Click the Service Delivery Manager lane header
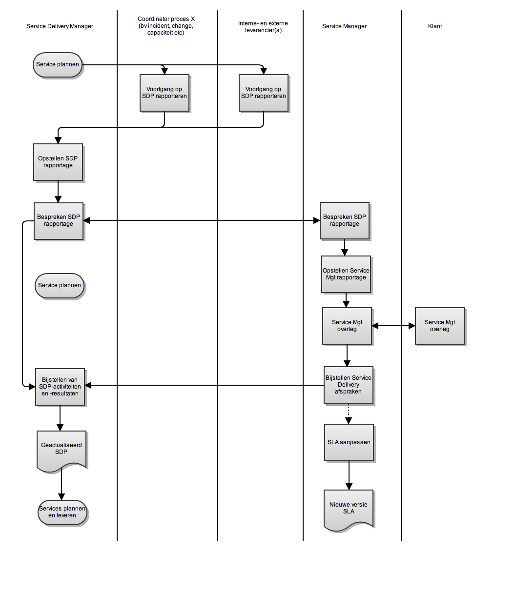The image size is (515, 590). click(x=60, y=26)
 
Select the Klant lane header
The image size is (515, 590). click(x=434, y=26)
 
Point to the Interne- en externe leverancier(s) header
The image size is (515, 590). click(x=263, y=27)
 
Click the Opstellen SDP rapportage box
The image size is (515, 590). click(x=58, y=162)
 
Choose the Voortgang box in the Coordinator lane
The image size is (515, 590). click(x=164, y=93)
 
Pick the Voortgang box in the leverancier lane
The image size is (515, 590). click(x=263, y=93)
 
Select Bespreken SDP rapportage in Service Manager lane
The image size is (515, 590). click(x=344, y=220)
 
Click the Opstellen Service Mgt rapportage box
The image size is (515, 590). click(x=346, y=274)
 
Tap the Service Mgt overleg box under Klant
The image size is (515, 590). click(x=439, y=326)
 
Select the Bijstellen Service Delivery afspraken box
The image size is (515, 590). click(x=348, y=385)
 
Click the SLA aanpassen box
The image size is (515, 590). click(x=349, y=442)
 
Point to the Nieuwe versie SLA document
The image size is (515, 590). click(x=349, y=508)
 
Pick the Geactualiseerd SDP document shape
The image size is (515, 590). click(x=62, y=449)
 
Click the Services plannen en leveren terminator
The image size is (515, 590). click(x=62, y=512)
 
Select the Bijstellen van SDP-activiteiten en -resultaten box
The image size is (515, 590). click(x=60, y=387)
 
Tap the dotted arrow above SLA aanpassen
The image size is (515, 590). click(x=349, y=413)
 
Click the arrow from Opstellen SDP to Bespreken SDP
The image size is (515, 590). click(x=58, y=191)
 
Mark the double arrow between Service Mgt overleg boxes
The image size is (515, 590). click(x=393, y=326)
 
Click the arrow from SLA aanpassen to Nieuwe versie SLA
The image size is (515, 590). click(x=349, y=475)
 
